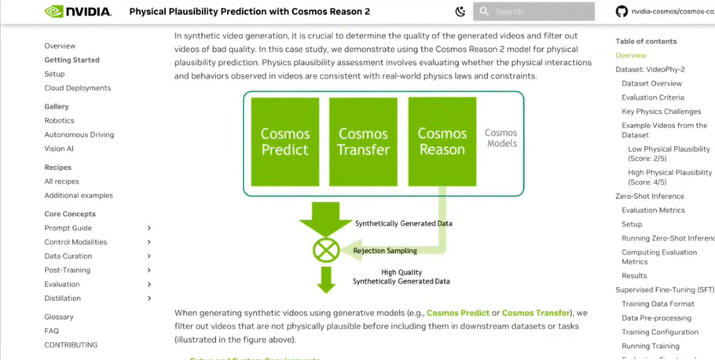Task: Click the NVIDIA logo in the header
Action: pos(78,12)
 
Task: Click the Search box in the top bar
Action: pos(534,12)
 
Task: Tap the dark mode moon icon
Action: pos(460,12)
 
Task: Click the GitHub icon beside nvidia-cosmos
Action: pos(621,12)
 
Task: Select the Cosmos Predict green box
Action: pos(284,141)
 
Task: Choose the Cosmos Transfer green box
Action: pos(363,141)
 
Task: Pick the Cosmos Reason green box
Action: pos(442,141)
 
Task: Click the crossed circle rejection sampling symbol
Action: pos(326,251)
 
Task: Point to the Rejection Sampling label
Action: pos(385,251)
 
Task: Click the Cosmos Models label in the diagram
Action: pos(500,138)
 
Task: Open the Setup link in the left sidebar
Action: pos(54,74)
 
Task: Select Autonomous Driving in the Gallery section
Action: pos(79,134)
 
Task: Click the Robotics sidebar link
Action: pos(59,120)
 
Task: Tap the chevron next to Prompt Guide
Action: pos(149,228)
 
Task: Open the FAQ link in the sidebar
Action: pos(51,331)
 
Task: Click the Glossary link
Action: pos(59,317)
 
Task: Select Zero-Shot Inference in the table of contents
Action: pos(649,197)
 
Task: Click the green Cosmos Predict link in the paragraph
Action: pos(458,313)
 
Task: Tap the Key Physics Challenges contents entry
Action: pos(661,112)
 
